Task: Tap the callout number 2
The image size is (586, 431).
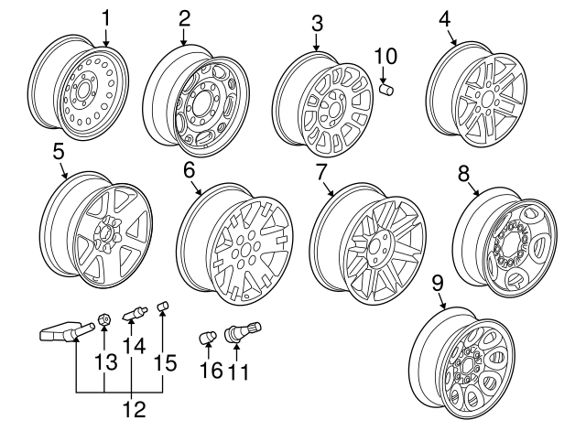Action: click(185, 17)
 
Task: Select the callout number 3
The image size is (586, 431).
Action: click(316, 22)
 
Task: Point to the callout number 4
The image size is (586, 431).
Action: click(445, 17)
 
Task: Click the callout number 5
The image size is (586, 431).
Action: click(58, 149)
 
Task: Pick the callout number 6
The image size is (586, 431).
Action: click(190, 169)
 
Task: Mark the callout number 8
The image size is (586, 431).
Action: click(463, 172)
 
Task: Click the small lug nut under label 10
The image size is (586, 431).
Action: click(386, 89)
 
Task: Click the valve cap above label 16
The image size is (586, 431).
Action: click(208, 339)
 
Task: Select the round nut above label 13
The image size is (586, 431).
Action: click(105, 319)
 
